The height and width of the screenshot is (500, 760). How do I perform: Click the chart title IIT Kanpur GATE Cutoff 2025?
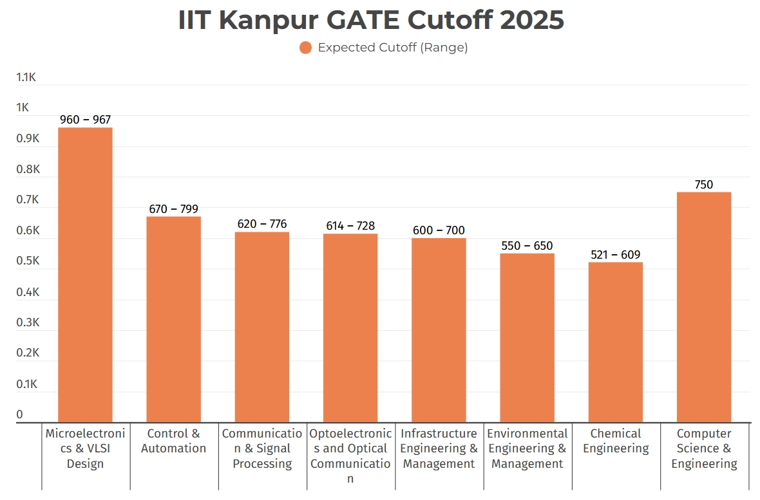(371, 21)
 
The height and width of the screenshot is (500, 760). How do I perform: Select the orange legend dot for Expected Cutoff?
(305, 48)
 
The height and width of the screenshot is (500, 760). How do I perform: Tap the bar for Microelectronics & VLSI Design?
(85, 275)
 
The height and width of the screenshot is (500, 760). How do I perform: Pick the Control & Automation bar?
(173, 319)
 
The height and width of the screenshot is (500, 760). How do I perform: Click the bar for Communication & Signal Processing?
(261, 327)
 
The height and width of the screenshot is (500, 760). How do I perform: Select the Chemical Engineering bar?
(615, 342)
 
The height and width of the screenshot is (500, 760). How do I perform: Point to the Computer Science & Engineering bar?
(703, 307)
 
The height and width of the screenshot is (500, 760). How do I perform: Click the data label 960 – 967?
(85, 120)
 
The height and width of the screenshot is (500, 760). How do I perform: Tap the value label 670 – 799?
(173, 209)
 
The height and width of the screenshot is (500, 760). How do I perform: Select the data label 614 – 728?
(350, 226)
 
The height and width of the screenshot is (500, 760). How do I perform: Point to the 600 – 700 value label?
(438, 230)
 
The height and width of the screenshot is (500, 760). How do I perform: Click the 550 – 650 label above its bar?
(527, 246)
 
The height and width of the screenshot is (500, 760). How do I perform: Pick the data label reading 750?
(703, 185)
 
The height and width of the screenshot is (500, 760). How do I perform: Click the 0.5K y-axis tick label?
(27, 261)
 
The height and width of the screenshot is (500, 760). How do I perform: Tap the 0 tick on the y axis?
(19, 415)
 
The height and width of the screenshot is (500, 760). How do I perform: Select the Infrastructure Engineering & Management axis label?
(438, 449)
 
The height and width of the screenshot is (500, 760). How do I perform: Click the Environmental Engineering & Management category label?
(527, 449)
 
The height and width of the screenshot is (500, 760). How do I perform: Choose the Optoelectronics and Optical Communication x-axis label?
(350, 456)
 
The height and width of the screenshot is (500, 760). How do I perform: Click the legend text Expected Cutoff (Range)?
(392, 48)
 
